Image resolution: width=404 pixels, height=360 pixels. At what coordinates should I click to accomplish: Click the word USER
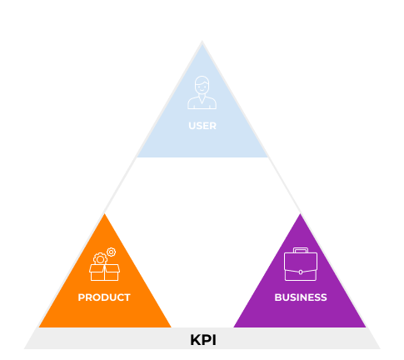202,126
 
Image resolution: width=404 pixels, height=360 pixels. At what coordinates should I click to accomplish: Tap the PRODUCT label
104,297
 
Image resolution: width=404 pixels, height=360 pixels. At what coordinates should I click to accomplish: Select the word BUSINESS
301,297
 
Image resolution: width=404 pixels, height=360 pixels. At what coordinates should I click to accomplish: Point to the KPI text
203,340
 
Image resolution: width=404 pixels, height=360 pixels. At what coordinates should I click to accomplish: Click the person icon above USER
202,92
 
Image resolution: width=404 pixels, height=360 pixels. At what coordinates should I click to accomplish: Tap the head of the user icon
202,85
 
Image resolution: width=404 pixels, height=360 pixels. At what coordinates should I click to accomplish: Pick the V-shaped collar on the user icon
202,99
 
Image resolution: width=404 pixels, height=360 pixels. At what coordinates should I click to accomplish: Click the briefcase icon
301,264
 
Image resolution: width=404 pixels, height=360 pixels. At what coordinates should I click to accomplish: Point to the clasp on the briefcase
301,272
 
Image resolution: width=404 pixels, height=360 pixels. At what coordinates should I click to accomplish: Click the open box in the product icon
104,272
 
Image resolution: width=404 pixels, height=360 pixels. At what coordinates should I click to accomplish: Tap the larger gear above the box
100,259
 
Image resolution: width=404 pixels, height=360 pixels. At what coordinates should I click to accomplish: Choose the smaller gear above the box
112,252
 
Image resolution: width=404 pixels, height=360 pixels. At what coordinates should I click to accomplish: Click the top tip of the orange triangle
104,214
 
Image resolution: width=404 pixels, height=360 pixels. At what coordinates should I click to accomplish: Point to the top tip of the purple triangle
300,214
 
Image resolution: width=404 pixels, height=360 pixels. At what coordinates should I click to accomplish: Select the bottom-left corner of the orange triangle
39,327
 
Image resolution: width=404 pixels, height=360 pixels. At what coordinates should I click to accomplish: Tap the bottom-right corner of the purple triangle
366,327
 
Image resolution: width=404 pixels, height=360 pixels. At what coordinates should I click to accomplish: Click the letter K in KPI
196,340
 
